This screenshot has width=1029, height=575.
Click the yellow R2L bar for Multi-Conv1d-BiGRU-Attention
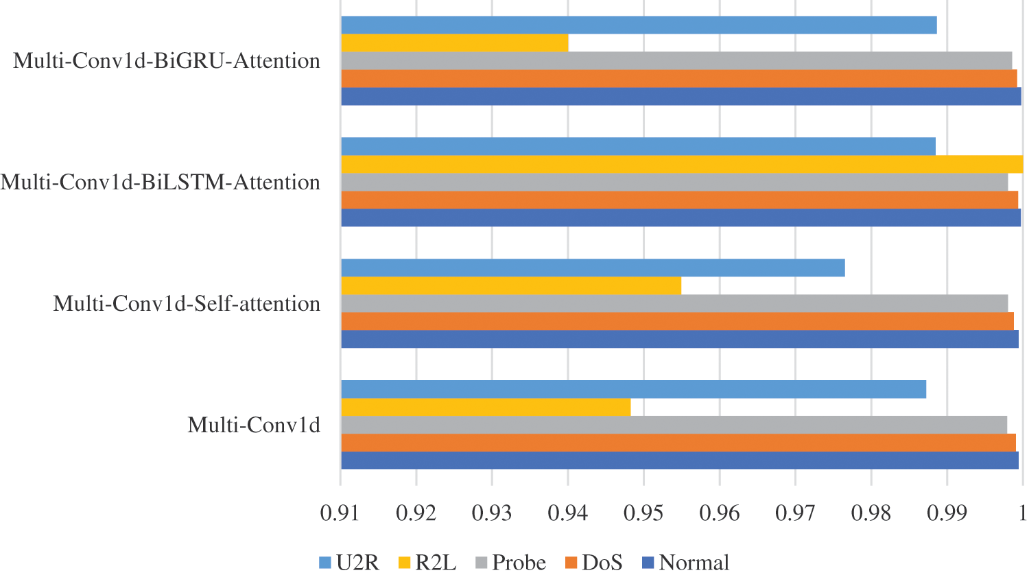tap(454, 43)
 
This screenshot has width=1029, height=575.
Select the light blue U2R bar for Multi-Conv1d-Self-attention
tap(593, 268)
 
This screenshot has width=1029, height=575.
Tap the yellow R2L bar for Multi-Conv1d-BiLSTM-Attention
tap(682, 165)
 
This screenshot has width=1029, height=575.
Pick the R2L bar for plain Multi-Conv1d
tap(486, 407)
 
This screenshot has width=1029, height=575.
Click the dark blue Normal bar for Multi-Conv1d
tap(679, 460)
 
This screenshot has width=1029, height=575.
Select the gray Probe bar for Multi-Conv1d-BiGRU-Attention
tap(676, 60)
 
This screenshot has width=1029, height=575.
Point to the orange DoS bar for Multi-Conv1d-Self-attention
tap(677, 321)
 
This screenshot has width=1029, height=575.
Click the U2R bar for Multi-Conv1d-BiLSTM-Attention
tap(638, 146)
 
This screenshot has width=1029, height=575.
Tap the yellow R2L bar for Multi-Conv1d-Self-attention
tap(511, 285)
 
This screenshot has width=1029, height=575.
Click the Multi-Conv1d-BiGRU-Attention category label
tap(167, 61)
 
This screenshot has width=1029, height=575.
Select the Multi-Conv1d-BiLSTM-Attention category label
tap(161, 183)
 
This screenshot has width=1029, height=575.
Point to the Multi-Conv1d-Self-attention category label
tap(187, 303)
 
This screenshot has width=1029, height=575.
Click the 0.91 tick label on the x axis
tap(340, 513)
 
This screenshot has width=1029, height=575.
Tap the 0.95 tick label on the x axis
tap(643, 513)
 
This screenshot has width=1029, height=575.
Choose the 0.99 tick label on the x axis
tap(946, 513)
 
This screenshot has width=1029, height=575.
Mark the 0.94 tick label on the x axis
tap(567, 513)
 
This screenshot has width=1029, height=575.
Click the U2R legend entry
tap(349, 563)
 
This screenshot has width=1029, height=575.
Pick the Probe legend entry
tap(510, 563)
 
